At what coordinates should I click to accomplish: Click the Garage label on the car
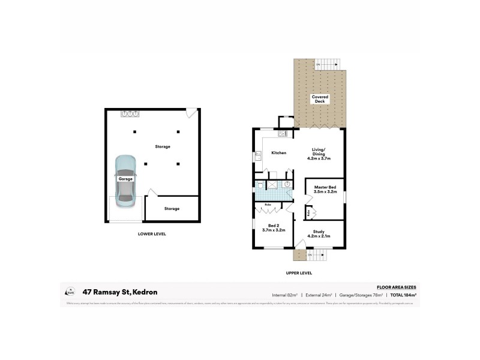tap(125, 179)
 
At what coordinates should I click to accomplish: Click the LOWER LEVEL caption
tap(152, 234)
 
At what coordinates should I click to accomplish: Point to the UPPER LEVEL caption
tap(298, 273)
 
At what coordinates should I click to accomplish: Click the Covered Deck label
tap(320, 99)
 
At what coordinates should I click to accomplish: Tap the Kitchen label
tap(278, 153)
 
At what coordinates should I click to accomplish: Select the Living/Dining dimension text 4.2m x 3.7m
tap(319, 158)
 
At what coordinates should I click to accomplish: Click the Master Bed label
tap(324, 187)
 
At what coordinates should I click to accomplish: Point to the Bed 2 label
tap(273, 226)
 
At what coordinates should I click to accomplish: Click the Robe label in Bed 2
tap(268, 205)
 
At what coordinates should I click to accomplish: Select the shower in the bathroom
tap(273, 185)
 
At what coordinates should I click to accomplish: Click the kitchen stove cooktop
tap(284, 122)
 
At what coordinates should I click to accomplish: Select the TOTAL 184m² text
tap(403, 295)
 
